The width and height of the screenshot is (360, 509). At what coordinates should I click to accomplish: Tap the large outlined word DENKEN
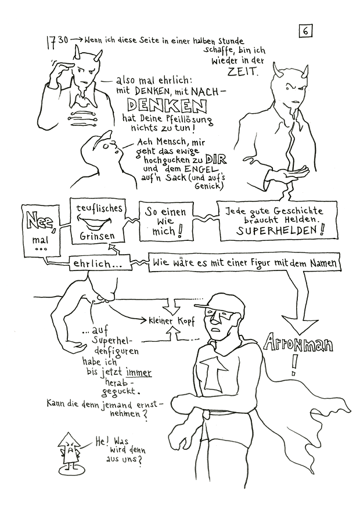pyautogui.click(x=165, y=106)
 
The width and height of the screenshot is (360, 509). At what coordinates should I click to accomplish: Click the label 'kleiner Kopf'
pyautogui.click(x=171, y=320)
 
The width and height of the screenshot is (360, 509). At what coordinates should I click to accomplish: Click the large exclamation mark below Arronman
pyautogui.click(x=298, y=364)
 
